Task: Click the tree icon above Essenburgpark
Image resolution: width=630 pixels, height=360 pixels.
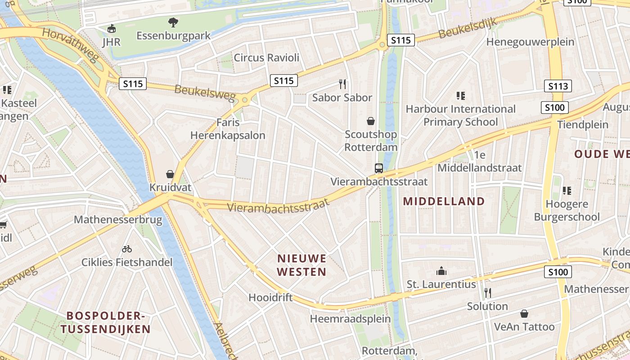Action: (x=173, y=22)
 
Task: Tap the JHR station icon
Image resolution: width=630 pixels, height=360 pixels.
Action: (x=111, y=29)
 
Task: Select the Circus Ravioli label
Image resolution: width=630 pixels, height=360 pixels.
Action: (x=266, y=58)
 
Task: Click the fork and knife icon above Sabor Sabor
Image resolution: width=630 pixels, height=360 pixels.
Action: (x=342, y=83)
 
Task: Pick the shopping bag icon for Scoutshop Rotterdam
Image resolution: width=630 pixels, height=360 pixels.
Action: (x=371, y=121)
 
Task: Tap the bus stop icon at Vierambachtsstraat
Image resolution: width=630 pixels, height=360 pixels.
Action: (x=379, y=168)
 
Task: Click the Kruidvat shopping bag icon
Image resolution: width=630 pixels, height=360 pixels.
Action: (x=170, y=174)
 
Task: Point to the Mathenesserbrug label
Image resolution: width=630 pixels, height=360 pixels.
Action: (x=118, y=220)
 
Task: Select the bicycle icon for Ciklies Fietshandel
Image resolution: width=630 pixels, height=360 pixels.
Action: (x=127, y=248)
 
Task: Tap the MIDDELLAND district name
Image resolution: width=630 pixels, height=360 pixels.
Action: (x=444, y=201)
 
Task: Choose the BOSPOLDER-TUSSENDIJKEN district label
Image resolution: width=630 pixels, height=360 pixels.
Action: (x=105, y=322)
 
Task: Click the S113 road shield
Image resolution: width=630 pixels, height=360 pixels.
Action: (x=558, y=86)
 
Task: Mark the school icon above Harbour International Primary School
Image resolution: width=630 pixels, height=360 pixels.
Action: (x=460, y=95)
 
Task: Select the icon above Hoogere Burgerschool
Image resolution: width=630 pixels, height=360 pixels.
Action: (x=567, y=190)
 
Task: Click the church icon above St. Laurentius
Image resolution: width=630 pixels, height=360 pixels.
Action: (x=441, y=271)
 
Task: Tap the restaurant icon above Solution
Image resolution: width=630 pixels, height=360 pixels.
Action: (x=487, y=293)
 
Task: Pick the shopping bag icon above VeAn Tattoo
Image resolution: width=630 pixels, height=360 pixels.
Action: (x=524, y=313)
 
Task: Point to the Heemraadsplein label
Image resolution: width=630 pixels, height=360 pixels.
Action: (x=350, y=319)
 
